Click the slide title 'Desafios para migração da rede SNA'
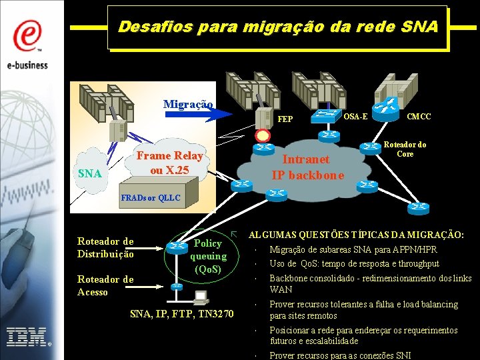277,27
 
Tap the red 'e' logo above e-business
27,35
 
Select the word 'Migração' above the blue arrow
189,104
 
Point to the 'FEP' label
285,119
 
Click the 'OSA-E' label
355,117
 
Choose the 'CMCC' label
419,117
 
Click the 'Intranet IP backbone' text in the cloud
307,167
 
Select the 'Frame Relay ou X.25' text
169,163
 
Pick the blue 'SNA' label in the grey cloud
90,173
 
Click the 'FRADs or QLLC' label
150,198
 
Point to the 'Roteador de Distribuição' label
105,247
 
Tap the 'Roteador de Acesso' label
105,285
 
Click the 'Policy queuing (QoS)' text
208,256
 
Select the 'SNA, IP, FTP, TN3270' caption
181,313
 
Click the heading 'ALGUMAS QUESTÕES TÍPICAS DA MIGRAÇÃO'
357,235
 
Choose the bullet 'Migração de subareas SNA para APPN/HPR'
353,250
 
